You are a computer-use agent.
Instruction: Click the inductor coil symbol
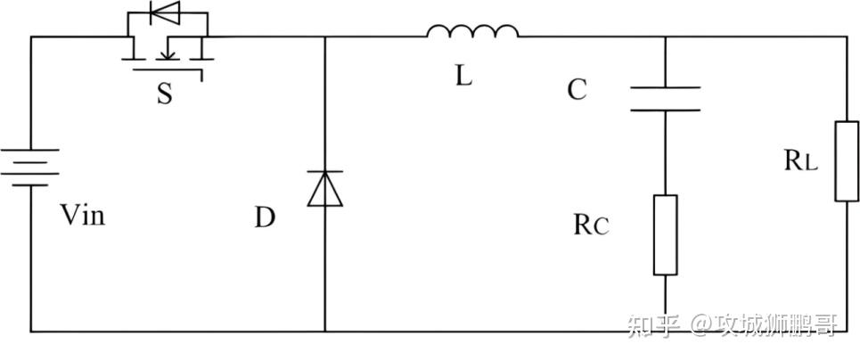point(472,33)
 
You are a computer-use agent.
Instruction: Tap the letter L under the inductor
point(463,76)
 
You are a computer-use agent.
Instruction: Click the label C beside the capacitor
point(577,90)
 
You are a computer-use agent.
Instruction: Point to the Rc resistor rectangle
point(665,234)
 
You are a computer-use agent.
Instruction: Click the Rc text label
point(591,225)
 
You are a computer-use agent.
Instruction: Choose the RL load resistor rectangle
point(846,162)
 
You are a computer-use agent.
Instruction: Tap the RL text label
point(800,160)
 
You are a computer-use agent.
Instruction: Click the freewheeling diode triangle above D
point(324,188)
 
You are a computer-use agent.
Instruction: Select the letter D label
point(265,217)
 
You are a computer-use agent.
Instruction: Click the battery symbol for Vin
point(32,168)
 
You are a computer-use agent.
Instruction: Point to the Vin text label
point(82,215)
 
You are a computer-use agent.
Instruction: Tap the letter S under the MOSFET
point(165,94)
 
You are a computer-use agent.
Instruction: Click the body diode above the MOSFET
point(165,12)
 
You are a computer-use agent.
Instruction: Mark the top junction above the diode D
point(324,37)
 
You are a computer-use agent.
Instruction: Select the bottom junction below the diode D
point(324,331)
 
